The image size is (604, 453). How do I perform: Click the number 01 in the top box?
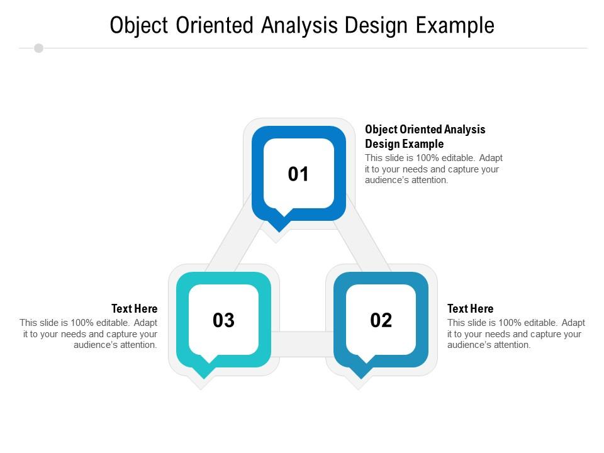tap(298, 174)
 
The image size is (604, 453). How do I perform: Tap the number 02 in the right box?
tap(381, 320)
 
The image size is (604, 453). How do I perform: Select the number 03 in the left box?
tap(223, 320)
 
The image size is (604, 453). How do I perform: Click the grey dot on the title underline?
tap(38, 48)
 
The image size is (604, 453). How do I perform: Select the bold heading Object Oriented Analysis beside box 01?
tap(425, 130)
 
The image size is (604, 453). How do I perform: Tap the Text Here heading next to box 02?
tap(470, 309)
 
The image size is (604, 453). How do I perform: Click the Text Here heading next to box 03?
tap(135, 309)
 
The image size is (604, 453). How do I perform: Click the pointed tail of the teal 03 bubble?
tap(203, 373)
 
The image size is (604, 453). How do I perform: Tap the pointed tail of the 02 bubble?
tap(360, 373)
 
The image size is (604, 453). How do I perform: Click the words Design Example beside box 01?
tap(404, 144)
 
